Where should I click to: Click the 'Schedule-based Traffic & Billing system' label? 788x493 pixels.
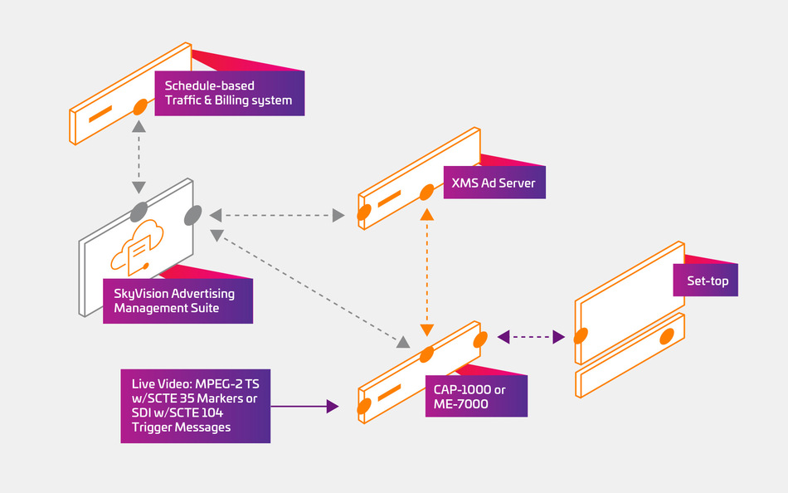tap(229, 93)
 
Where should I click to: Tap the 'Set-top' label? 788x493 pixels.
tap(704, 281)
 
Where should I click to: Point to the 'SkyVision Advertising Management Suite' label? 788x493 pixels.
tap(178, 300)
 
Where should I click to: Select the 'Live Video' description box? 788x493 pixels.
tap(195, 406)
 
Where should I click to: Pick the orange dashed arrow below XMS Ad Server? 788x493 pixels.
tap(427, 271)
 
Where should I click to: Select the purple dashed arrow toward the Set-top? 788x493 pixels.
tap(531, 336)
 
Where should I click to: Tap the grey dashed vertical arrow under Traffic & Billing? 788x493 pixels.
tap(139, 157)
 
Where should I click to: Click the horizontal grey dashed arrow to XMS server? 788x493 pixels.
tap(277, 215)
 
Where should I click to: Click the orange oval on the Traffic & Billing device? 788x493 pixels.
tap(141, 107)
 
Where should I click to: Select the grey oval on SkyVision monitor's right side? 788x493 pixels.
tap(192, 215)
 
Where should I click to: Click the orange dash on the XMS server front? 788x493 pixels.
tap(389, 198)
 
